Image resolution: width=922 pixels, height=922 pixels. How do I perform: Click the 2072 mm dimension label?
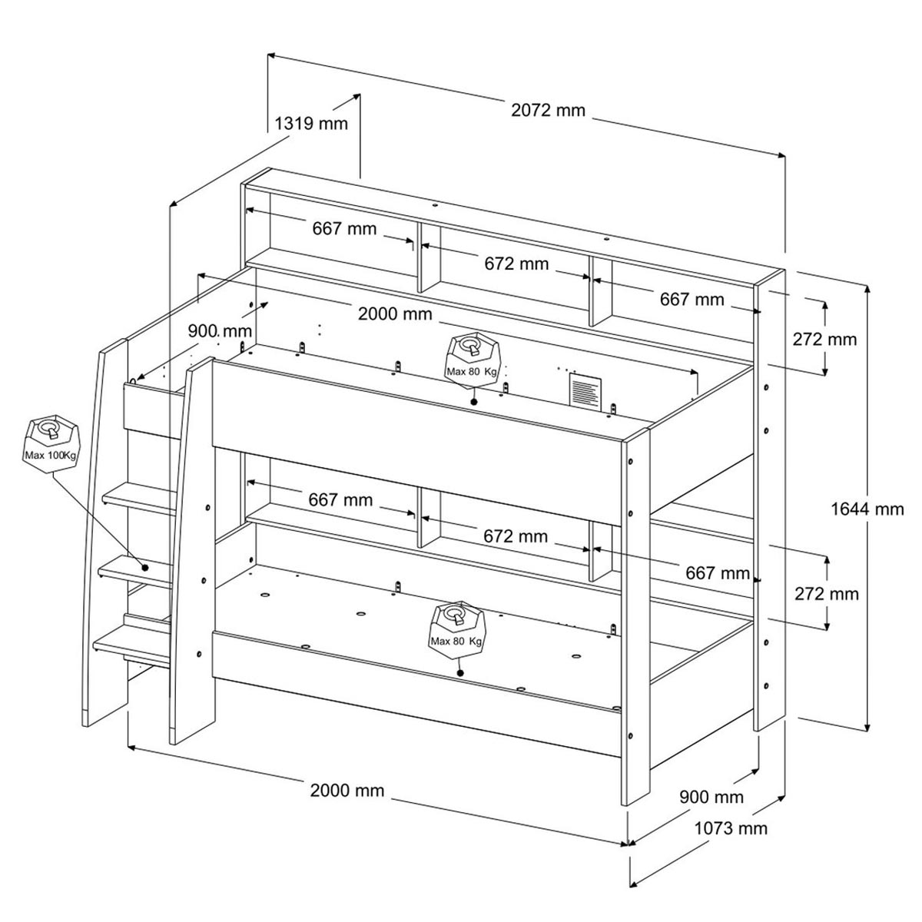(x=548, y=111)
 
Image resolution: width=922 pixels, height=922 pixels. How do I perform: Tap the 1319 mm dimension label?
(x=310, y=124)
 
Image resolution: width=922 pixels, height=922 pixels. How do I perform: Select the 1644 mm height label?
(x=867, y=509)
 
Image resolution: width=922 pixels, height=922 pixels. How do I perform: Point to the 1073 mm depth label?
(x=731, y=828)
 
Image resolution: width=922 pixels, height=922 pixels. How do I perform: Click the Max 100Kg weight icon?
(x=51, y=443)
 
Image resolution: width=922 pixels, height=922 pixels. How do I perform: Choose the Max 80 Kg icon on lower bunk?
(x=457, y=630)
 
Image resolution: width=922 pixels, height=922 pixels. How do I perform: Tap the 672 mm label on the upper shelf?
(x=516, y=264)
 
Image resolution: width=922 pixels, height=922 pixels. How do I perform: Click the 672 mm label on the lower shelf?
(x=516, y=536)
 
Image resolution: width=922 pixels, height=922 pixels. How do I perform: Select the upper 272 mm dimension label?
(x=824, y=340)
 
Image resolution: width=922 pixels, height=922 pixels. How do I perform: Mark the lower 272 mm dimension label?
(x=826, y=594)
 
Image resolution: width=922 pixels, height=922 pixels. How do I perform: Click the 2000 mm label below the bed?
(x=347, y=790)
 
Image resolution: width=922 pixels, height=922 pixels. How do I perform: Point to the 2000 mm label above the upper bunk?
(x=395, y=314)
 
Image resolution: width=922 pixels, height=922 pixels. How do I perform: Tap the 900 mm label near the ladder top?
(x=220, y=330)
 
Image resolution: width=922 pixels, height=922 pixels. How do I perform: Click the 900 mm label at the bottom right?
(x=711, y=797)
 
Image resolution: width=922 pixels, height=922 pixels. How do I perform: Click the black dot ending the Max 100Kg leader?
(x=145, y=568)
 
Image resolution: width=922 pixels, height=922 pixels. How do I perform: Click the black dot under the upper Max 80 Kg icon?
(x=474, y=401)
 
